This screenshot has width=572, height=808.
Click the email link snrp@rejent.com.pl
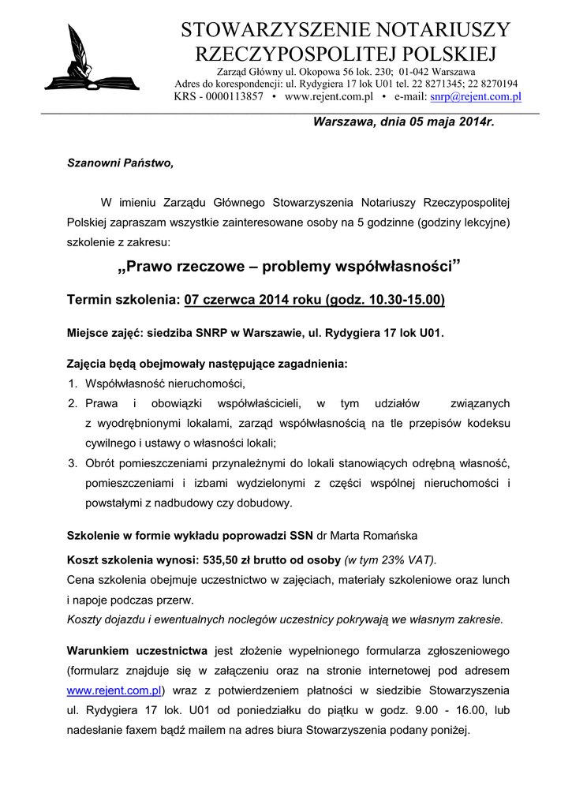(476, 96)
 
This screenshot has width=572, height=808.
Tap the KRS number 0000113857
(234, 96)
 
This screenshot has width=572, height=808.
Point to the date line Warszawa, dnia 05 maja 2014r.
(404, 122)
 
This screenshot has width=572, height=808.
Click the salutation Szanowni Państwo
(119, 163)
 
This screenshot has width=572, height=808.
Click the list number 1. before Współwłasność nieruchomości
(72, 384)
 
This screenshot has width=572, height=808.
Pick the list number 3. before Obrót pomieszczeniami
(72, 462)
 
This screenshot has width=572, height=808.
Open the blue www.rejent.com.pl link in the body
(114, 690)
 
